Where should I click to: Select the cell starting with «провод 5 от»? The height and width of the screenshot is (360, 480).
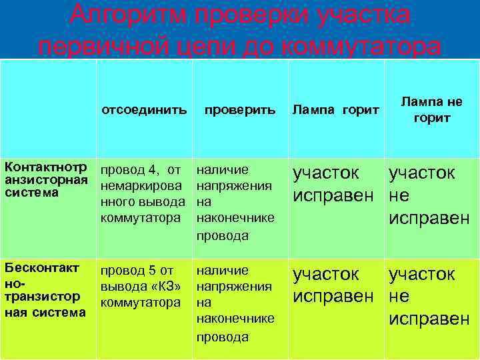click(x=141, y=286)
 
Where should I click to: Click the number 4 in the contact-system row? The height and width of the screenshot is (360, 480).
click(x=151, y=171)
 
